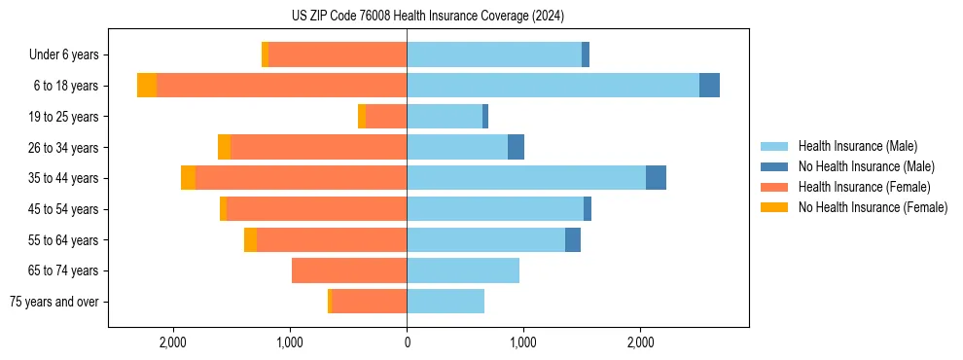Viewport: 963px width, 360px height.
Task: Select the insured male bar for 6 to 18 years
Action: pyautogui.click(x=553, y=86)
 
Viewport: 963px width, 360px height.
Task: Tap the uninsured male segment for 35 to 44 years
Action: pyautogui.click(x=656, y=178)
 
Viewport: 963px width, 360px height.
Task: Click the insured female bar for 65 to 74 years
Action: pyautogui.click(x=349, y=270)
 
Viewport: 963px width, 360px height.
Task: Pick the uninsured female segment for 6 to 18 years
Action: pyautogui.click(x=147, y=86)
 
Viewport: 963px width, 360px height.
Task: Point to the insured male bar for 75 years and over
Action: pyautogui.click(x=446, y=302)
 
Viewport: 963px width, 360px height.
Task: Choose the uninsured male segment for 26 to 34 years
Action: pyautogui.click(x=516, y=147)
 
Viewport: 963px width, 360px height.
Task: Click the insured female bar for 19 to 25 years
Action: pyautogui.click(x=386, y=117)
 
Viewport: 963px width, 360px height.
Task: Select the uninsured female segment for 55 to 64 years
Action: pyautogui.click(x=250, y=239)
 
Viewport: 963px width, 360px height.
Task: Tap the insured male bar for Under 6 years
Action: pyautogui.click(x=494, y=55)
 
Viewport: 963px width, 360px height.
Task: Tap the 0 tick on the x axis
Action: pyautogui.click(x=407, y=342)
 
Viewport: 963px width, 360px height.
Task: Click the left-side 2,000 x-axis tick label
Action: pyautogui.click(x=173, y=342)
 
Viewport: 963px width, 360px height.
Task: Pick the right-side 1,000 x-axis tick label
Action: pyautogui.click(x=523, y=342)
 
